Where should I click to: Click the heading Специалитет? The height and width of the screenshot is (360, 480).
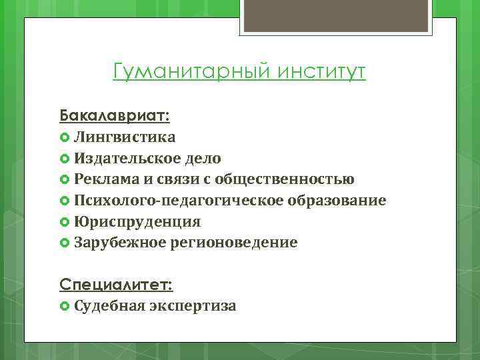(116, 285)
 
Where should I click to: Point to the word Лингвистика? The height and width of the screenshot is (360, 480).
(125, 137)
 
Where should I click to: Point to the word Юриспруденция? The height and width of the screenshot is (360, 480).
(138, 221)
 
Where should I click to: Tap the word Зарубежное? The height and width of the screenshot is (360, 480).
(120, 243)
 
